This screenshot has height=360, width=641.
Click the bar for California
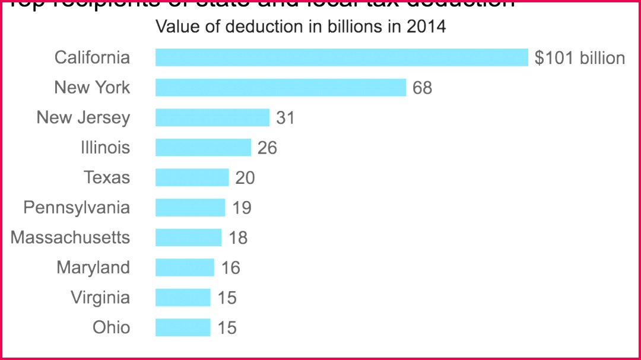click(341, 58)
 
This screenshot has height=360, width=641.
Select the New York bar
click(281, 88)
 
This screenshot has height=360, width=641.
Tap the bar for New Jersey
click(212, 117)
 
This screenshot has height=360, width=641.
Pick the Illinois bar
click(203, 148)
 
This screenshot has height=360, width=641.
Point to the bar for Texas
click(192, 177)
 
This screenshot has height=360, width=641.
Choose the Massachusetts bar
click(188, 238)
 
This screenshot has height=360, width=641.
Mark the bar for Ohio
click(183, 327)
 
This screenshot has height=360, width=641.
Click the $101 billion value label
click(579, 58)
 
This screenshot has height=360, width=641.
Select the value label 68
click(423, 88)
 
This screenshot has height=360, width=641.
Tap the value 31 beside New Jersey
click(285, 118)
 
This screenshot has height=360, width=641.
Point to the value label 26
click(267, 148)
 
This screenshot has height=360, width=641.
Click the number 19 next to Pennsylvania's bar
click(242, 208)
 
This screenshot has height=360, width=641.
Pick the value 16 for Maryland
click(230, 268)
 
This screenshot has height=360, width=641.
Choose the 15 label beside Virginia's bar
click(227, 298)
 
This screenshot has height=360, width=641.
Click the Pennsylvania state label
click(77, 208)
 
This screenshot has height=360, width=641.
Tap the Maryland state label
click(93, 268)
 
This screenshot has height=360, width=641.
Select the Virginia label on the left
click(100, 298)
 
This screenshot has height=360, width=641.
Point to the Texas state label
click(107, 178)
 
